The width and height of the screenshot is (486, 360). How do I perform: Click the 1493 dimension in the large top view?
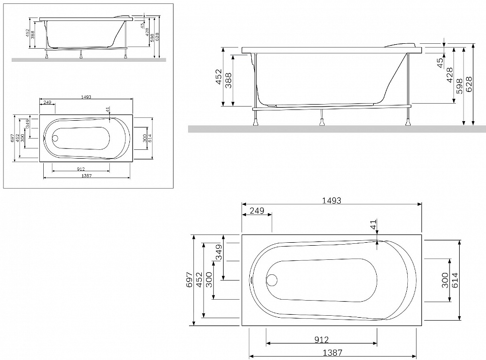point(331,200)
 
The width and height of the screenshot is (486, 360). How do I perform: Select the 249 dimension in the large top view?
point(257,211)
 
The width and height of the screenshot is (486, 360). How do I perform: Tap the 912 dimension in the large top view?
point(321,340)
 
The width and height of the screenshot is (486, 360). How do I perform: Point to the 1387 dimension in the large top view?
point(332,353)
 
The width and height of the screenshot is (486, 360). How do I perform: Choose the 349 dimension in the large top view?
point(219,252)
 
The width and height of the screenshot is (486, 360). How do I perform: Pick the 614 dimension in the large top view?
point(455,280)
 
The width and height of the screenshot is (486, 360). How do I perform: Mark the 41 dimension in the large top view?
point(373,224)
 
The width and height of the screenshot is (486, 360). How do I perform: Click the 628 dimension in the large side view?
point(469,84)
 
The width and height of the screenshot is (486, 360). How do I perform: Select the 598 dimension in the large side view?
point(459,86)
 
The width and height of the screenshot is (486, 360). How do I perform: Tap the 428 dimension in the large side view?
point(450,75)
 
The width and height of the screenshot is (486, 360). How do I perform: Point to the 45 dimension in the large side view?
point(440,63)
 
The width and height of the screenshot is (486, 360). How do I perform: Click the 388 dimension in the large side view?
point(228,80)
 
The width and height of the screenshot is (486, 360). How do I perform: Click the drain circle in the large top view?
point(272,280)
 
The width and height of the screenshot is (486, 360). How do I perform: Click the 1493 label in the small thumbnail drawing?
point(86,97)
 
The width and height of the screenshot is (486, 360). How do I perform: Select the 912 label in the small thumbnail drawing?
point(81,169)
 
